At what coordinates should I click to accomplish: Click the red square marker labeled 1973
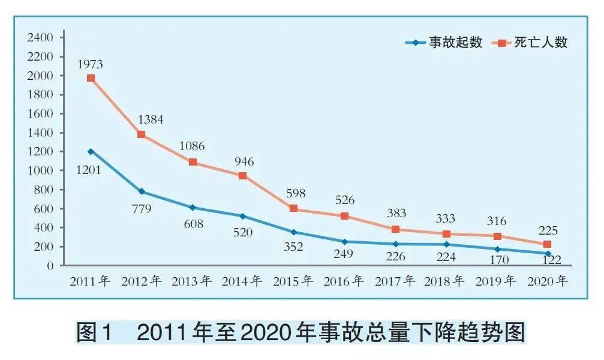coord(91,78)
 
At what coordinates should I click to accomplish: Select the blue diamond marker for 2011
coord(91,151)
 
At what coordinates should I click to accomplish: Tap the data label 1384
coord(151,119)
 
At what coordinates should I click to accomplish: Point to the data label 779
coord(141,209)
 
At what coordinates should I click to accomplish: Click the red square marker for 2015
coord(294,208)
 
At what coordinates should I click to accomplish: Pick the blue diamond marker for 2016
coord(344,242)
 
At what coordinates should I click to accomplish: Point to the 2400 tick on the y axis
coord(41,37)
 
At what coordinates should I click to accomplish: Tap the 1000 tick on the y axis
coord(41,170)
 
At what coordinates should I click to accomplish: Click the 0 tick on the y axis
coord(50,265)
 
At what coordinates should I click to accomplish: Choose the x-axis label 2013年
coord(192,281)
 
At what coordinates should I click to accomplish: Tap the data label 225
coord(548,229)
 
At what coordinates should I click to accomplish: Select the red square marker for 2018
coord(446,234)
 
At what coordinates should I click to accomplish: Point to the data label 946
coord(244,161)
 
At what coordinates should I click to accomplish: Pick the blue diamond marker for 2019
coord(497,249)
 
